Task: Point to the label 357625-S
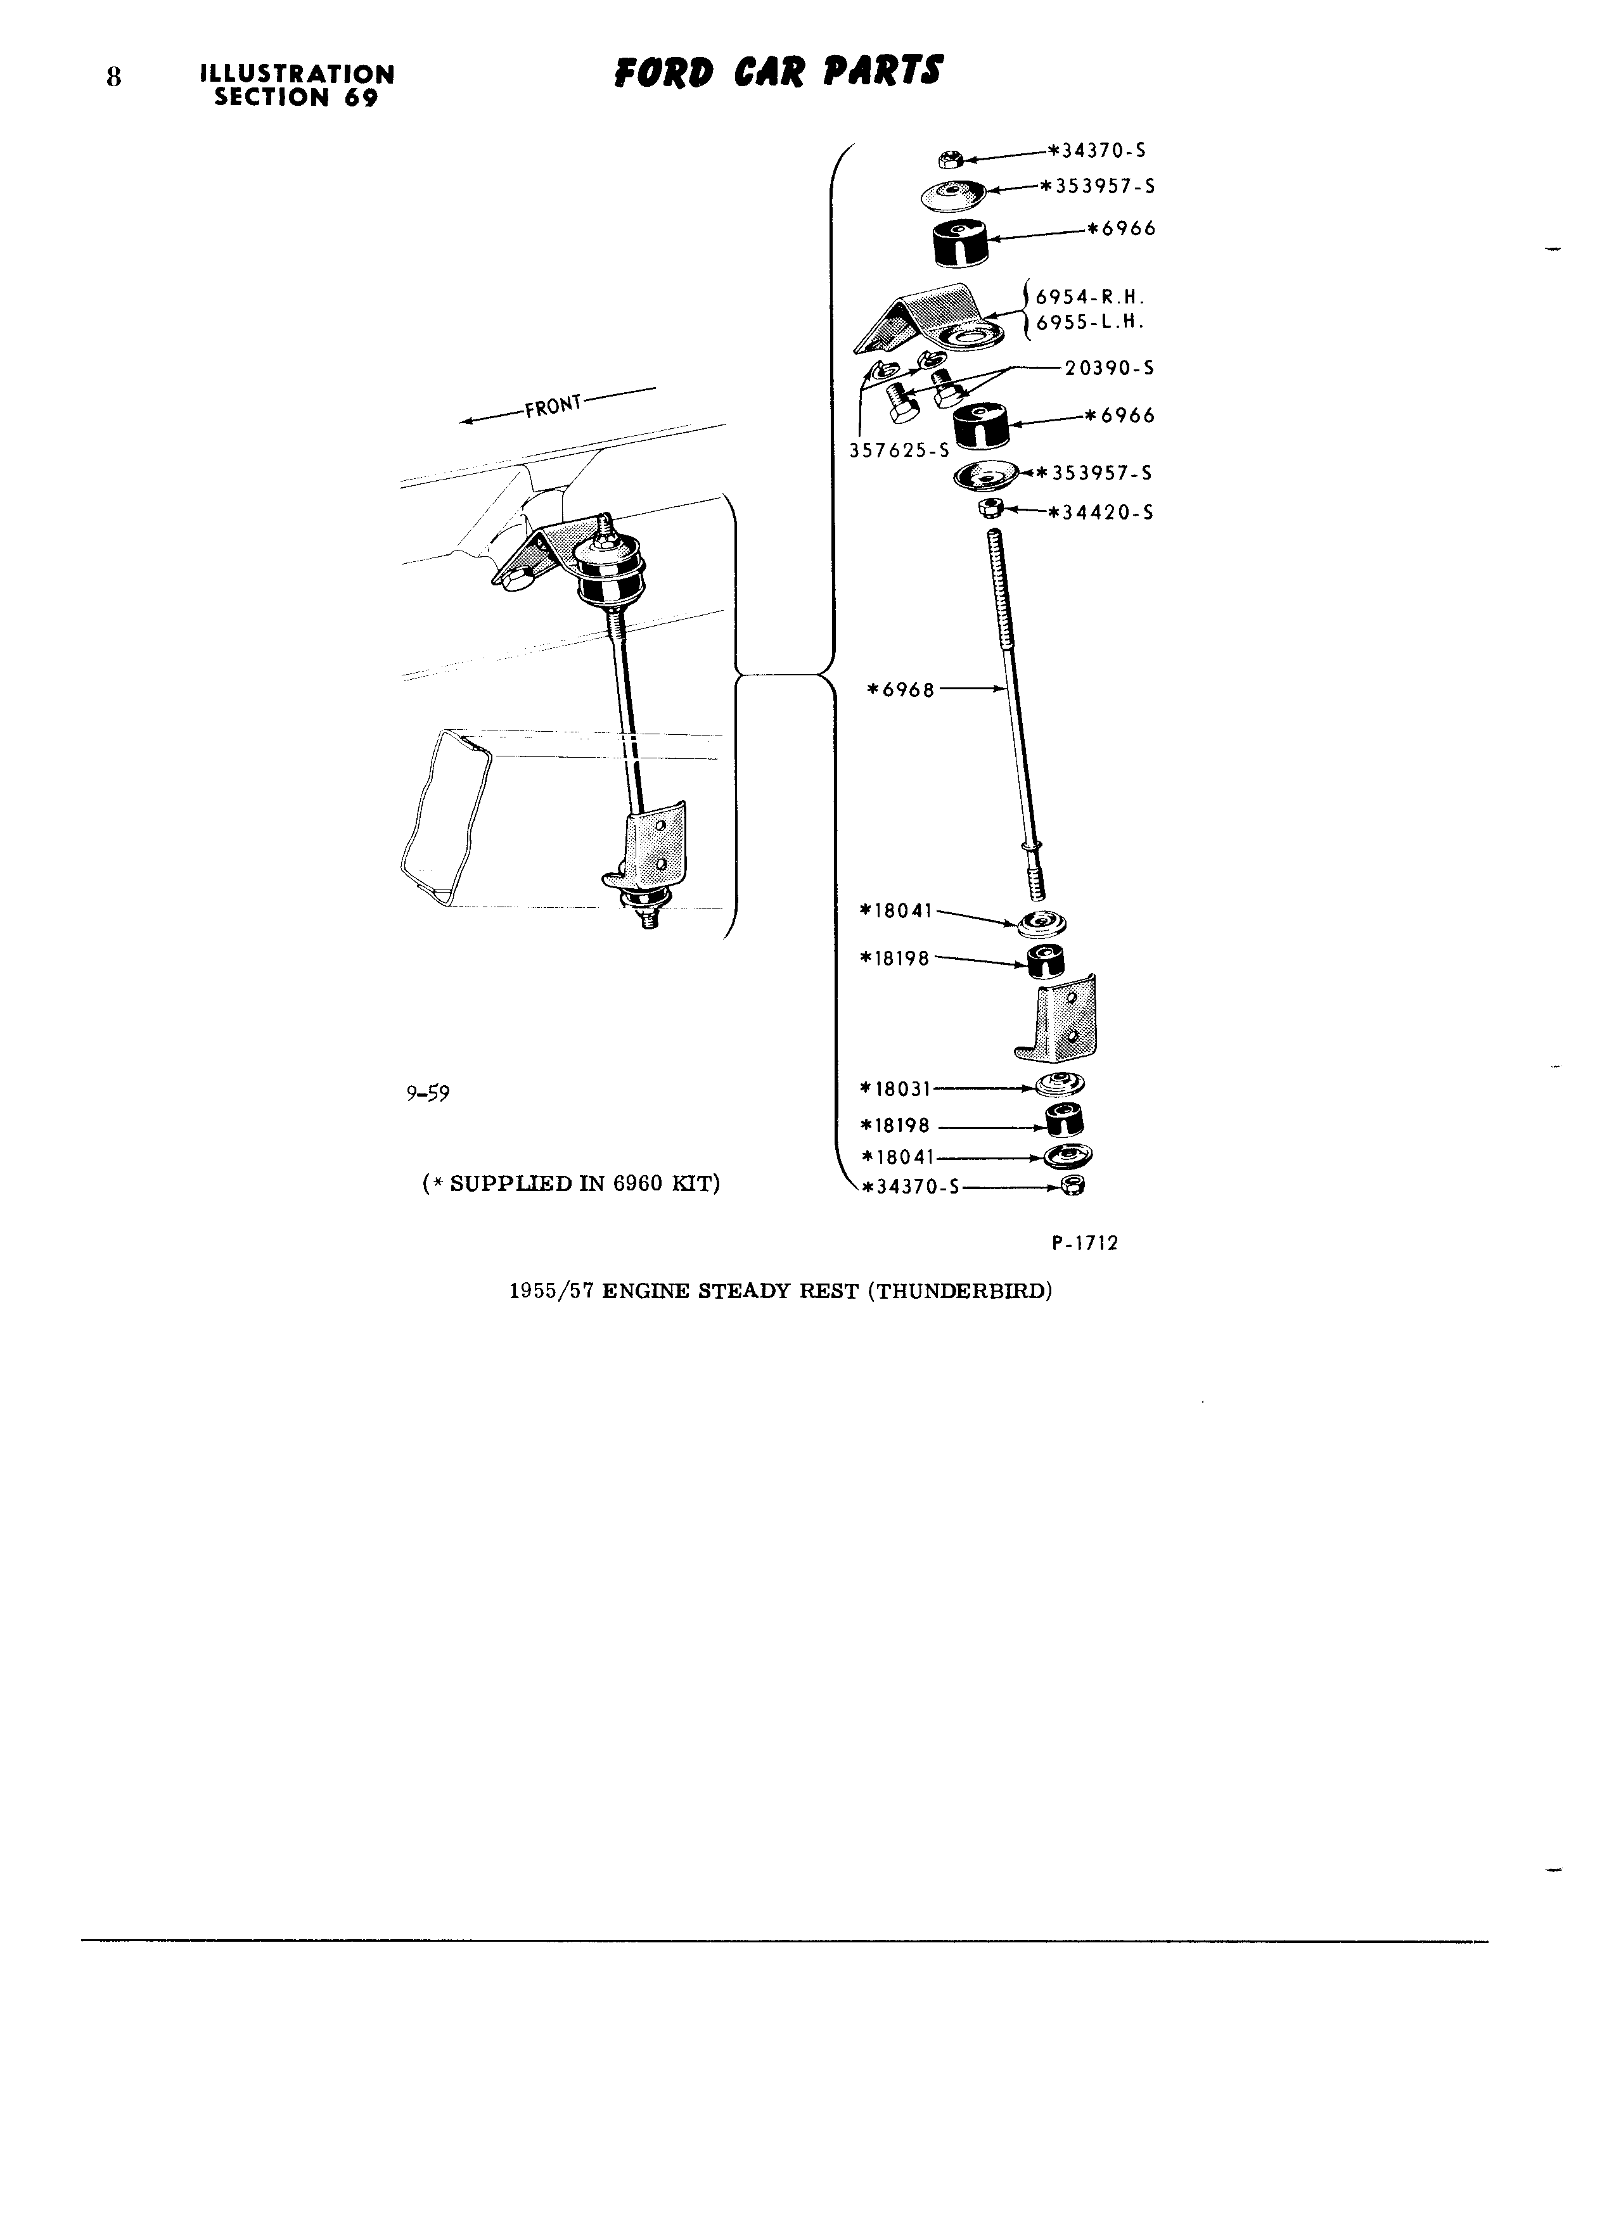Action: point(899,450)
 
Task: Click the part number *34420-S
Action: point(1101,513)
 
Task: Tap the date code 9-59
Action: point(428,1093)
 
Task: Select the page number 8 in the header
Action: point(114,78)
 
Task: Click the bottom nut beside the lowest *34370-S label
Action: point(1074,1187)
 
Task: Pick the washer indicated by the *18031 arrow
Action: point(1062,1085)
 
